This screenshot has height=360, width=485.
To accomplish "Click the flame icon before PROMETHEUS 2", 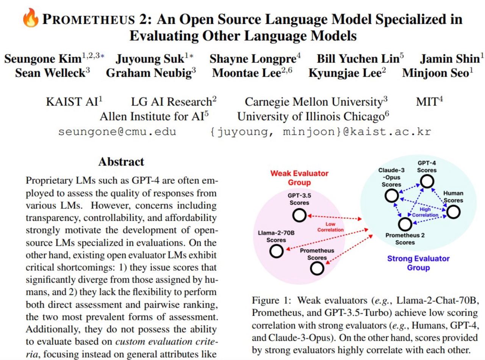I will pos(31,19).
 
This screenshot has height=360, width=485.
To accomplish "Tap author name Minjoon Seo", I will pos(435,73).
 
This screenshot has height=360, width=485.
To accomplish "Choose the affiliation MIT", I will pos(427,102).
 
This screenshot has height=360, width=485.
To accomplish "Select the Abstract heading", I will pos(121,162).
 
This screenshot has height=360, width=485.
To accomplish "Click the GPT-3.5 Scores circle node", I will pos(299,216).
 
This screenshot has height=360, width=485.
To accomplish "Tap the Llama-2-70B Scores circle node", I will pos(277,251).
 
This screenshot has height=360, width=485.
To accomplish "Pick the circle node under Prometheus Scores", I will pos(317,268).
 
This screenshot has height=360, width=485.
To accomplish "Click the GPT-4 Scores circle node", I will pos(427,182).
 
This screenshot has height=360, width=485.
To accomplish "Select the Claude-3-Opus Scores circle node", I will pos(391,196).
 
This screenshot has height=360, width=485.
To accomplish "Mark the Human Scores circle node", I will pos(454,212).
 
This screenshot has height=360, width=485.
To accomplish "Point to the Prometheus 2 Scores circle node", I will pos(405,224).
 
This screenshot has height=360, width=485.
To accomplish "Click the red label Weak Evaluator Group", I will pos(299,178).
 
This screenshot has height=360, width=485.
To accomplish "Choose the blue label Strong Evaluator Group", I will pos(418,263).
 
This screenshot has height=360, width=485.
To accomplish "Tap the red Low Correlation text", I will pos(330,227).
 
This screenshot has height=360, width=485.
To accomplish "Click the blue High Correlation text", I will pos(425,212).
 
